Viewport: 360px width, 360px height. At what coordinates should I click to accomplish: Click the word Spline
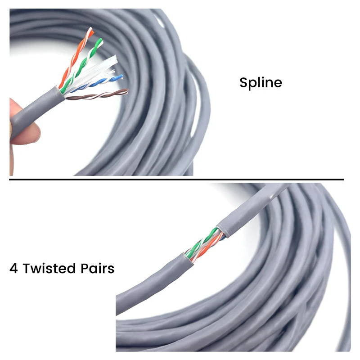[x=261, y=83]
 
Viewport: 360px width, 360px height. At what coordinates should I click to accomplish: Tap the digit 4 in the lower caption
[x=14, y=269]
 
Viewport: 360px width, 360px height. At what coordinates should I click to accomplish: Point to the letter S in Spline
[x=243, y=83]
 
